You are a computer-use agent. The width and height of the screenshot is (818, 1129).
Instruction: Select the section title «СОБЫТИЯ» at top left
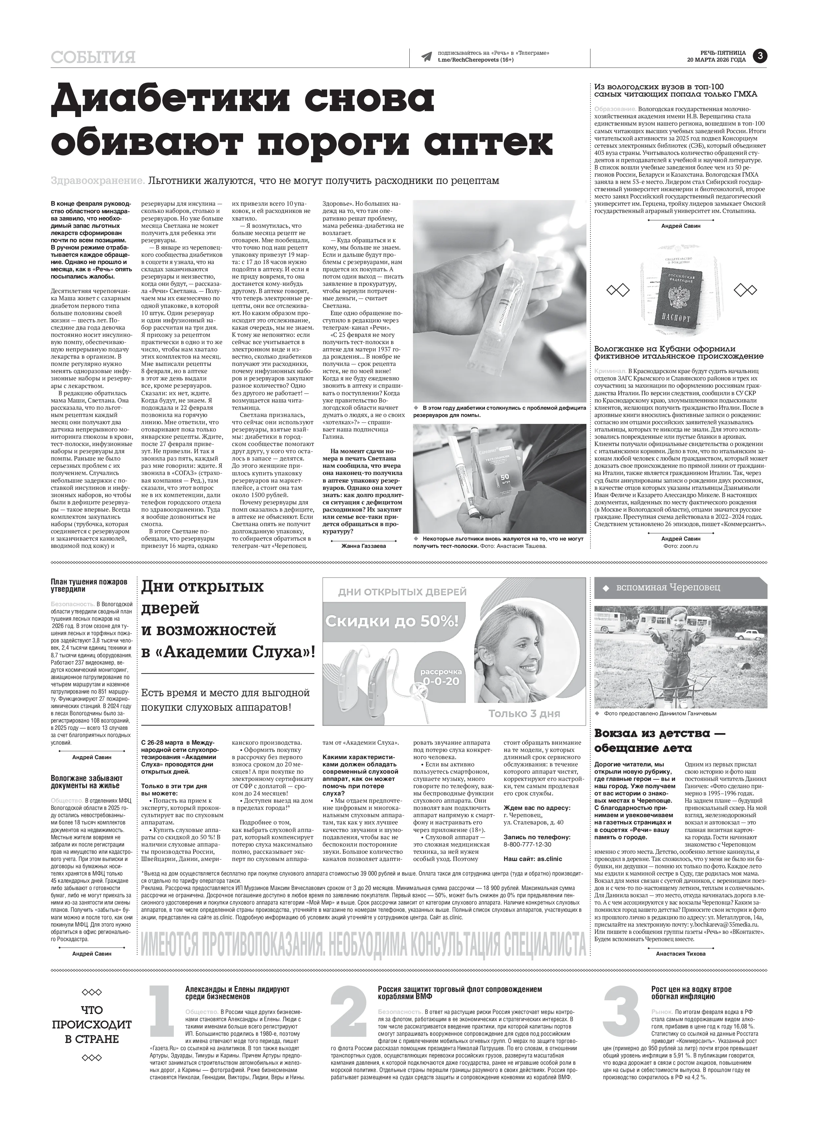[93, 58]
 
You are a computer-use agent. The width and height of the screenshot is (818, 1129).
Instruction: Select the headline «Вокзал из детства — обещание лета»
[660, 741]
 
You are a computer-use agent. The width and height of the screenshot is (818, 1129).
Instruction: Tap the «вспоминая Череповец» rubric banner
[680, 587]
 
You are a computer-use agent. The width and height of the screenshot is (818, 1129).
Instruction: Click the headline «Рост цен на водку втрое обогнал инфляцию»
[691, 979]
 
